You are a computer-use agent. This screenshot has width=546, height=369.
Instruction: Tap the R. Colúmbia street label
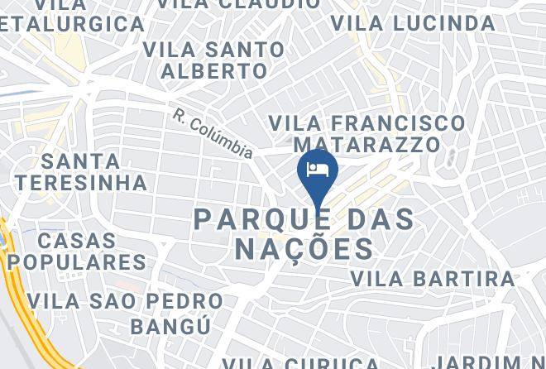pos(213,133)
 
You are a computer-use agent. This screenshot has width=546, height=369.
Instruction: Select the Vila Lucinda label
pos(413,23)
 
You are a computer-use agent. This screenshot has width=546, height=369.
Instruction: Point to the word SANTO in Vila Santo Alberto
pos(245,50)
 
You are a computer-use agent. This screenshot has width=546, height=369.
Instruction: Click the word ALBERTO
pos(214,72)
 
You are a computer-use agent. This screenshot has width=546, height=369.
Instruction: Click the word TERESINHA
pos(80,182)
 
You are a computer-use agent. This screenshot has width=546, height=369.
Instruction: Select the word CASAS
pos(77,242)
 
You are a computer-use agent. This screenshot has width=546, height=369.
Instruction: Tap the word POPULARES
pos(77,263)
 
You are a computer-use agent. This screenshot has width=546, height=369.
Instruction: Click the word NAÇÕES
pos(304,248)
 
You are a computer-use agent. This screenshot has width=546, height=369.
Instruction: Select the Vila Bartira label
pos(433,279)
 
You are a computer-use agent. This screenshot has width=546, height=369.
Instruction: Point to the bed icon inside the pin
pos(318,169)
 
